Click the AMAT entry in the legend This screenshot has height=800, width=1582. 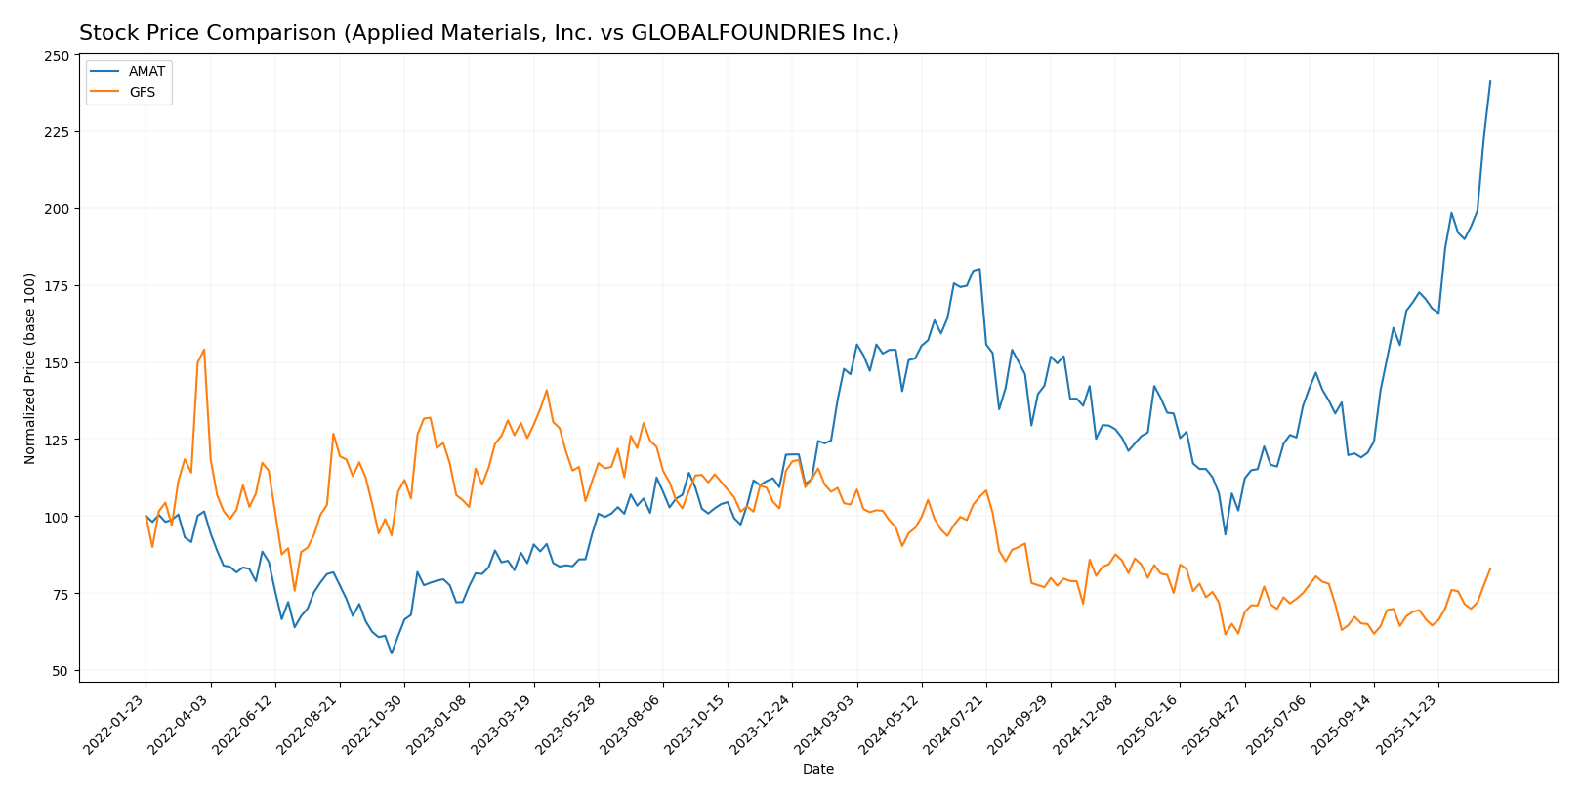point(146,71)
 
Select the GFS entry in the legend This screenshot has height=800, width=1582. point(142,92)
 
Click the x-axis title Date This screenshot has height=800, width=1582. point(818,770)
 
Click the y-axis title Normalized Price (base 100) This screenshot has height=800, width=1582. point(30,368)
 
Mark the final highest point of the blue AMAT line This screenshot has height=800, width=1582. point(1490,81)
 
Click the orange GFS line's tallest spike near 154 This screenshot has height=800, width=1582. point(203,350)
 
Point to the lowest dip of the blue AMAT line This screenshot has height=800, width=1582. point(392,653)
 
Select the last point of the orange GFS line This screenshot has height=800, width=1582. point(1490,568)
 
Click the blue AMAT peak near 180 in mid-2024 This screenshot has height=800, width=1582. point(979,269)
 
